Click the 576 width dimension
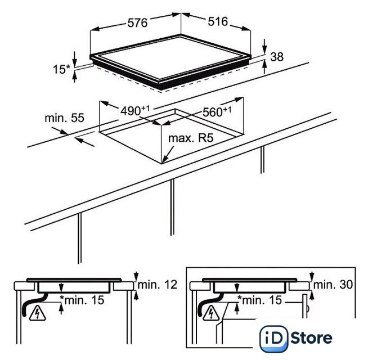coord(137,23)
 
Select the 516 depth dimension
coord(218,21)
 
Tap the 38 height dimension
coord(277,57)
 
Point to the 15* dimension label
coord(61,69)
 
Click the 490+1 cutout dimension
coord(135,111)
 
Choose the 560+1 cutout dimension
coord(217,112)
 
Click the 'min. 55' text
coord(64,118)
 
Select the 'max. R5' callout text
coord(191,138)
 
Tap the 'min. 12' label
coord(157,285)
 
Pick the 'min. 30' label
coord(333,285)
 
